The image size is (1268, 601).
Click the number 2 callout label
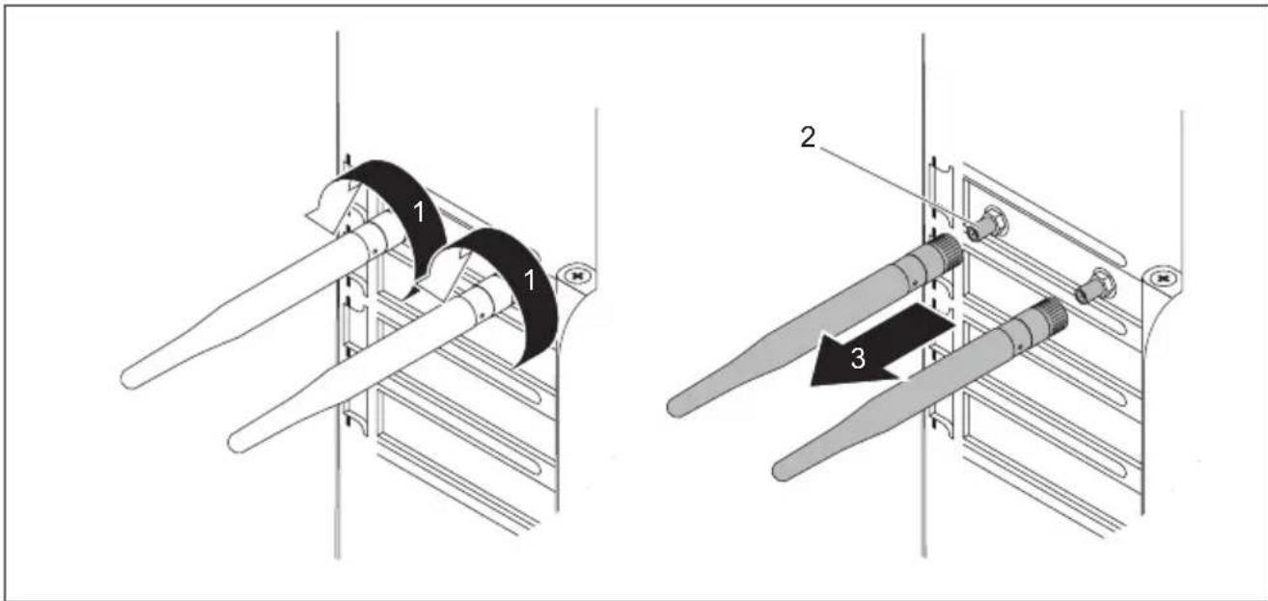click(x=808, y=138)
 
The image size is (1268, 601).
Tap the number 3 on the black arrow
click(x=858, y=358)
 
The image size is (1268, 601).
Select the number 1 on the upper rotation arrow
click(x=419, y=212)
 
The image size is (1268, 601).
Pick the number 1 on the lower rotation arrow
click(x=529, y=280)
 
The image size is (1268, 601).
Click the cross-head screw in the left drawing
click(x=577, y=276)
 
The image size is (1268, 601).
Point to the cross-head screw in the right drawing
click(x=1163, y=279)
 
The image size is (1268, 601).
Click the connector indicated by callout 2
click(x=986, y=225)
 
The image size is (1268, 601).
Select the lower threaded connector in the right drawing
click(x=1096, y=287)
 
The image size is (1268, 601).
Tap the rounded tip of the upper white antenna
click(x=129, y=379)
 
